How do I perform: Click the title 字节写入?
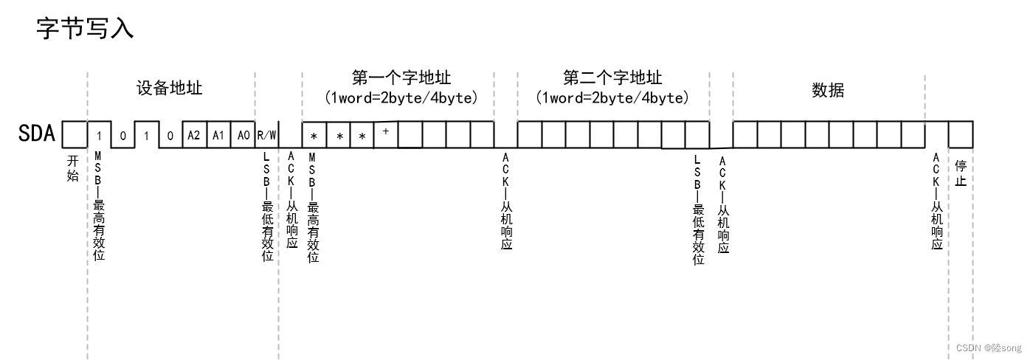point(85,30)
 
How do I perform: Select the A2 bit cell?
point(193,136)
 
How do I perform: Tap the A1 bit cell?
point(218,136)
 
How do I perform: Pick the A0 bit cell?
point(242,136)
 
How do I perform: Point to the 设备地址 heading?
point(170,89)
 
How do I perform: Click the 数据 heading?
point(828,90)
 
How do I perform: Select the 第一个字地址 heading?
point(401,77)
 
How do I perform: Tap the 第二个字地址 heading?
point(612,77)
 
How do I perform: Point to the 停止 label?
point(961,173)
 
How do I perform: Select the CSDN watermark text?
point(988,347)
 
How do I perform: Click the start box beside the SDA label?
point(73,135)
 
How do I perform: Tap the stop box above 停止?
point(961,135)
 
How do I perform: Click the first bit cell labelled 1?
point(99,136)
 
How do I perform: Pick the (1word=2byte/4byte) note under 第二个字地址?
point(612,97)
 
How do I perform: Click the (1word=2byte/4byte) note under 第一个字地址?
point(401,97)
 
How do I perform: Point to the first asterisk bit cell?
point(314,136)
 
